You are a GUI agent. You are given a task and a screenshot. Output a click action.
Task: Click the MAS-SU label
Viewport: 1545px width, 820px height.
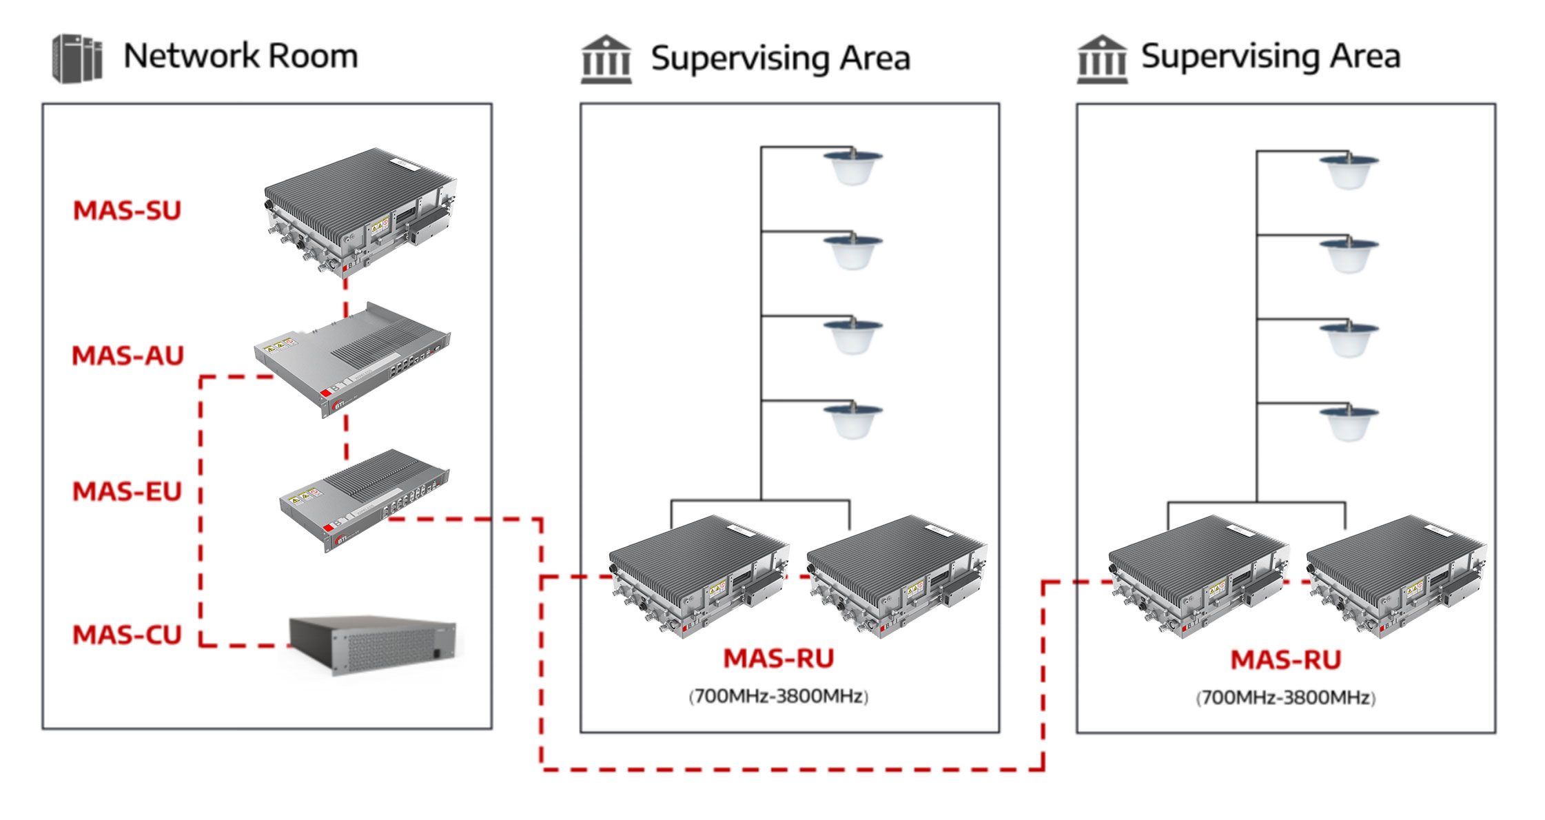(x=127, y=211)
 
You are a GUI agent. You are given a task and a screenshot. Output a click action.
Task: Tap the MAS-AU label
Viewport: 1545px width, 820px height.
(x=128, y=356)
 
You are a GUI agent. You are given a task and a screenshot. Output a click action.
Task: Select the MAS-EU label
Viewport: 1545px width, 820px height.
(x=127, y=491)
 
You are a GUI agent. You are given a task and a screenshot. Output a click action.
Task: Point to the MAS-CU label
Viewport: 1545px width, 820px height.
(x=127, y=635)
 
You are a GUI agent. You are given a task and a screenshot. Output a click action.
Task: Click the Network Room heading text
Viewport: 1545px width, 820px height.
(x=241, y=57)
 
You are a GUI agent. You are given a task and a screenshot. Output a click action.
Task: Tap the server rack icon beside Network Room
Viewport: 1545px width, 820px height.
(x=77, y=59)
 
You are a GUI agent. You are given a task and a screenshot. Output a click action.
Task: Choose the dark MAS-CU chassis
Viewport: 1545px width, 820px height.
(x=373, y=645)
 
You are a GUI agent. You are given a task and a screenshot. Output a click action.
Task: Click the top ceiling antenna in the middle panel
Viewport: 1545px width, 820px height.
(x=853, y=167)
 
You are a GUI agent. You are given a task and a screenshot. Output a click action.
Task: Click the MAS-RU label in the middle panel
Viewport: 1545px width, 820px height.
(x=779, y=659)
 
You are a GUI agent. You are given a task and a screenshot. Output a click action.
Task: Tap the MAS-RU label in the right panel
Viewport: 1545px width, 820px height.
(x=1286, y=660)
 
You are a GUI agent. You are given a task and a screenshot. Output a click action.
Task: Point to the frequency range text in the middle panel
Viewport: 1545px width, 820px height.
(x=779, y=697)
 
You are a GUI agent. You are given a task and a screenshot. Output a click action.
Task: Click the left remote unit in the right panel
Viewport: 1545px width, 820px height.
(x=1198, y=576)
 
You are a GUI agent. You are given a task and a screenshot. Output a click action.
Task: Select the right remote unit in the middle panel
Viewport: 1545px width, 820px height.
(x=897, y=576)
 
